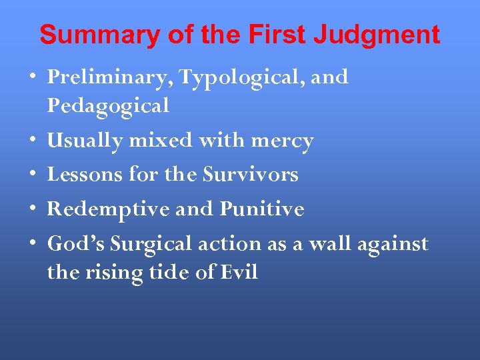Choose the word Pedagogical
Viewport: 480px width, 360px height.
point(108,105)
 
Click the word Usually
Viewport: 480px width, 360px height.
point(85,141)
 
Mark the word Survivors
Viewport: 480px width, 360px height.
point(250,175)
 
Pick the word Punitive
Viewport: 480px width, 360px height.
point(262,209)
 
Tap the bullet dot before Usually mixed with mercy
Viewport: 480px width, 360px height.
point(33,141)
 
